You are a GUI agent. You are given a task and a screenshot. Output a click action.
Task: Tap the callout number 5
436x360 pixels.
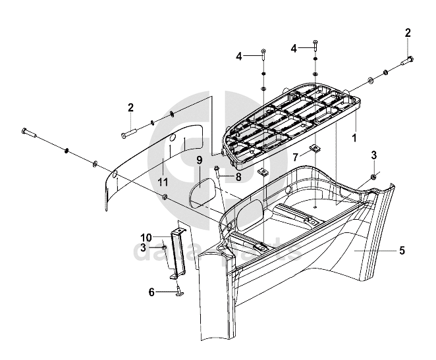[401, 251]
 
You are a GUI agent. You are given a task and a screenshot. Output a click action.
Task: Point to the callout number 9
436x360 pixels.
[200, 160]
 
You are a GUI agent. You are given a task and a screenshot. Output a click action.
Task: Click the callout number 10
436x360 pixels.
[146, 236]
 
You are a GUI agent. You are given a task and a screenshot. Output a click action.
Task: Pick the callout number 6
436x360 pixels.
[151, 292]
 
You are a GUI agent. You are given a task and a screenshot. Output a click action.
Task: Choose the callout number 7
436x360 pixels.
[296, 157]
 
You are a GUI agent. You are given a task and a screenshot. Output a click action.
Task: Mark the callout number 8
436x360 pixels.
[238, 176]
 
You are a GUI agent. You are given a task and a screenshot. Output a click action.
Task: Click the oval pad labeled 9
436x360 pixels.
[200, 194]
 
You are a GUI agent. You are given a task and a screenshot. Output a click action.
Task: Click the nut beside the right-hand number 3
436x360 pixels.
[373, 176]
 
